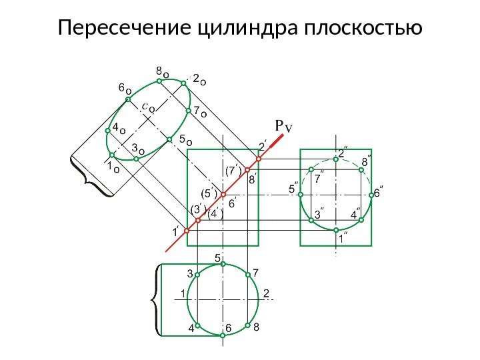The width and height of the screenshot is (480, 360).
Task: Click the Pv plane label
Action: pos(284,125)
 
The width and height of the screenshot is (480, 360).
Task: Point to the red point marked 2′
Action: pos(258,159)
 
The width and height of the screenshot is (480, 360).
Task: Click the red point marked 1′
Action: pos(187,230)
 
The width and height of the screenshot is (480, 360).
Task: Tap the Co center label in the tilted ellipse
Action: pos(149,106)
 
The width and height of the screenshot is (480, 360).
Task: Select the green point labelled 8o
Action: pos(160,80)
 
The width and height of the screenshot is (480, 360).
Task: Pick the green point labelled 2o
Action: pos(183,83)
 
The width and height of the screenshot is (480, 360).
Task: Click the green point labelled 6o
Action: pos(128,99)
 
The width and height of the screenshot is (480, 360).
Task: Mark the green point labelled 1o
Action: pos(113,155)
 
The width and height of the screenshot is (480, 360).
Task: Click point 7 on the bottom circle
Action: pos(247,273)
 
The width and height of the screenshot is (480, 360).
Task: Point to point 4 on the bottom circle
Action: pos(198,325)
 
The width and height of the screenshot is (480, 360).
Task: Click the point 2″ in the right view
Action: pos(336,159)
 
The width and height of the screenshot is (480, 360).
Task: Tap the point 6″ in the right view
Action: pos(371,195)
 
